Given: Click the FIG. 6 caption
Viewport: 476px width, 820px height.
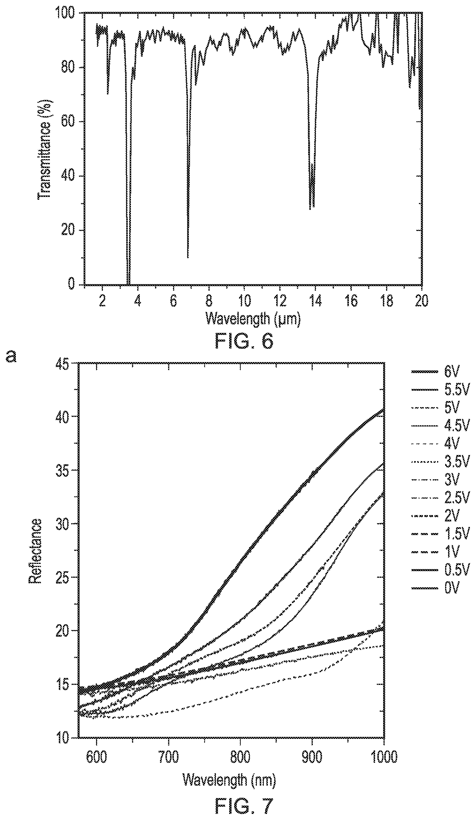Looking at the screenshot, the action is (x=244, y=342).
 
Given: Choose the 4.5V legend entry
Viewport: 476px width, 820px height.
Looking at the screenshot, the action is (x=440, y=425).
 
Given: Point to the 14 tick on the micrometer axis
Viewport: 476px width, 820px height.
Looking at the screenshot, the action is (x=315, y=300).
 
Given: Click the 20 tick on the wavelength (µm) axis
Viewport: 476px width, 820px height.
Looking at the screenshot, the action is (x=422, y=300).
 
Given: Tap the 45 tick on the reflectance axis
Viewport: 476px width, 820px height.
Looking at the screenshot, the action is (x=63, y=363).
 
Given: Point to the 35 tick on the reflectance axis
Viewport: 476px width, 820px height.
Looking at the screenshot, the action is (x=63, y=470).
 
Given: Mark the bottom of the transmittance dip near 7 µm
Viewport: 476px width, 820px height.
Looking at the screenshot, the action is (x=188, y=257).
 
